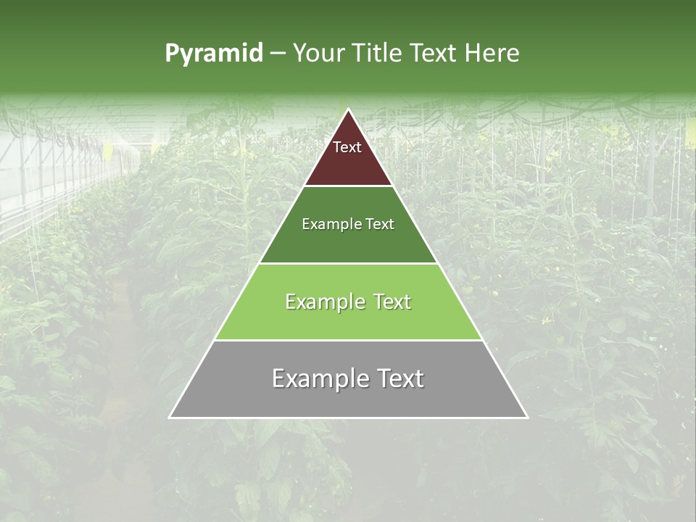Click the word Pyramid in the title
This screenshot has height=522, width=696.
[x=213, y=54]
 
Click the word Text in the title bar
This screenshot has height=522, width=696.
[x=434, y=54]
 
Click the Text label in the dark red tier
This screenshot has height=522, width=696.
[x=347, y=147]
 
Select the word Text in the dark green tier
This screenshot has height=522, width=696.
[x=381, y=225]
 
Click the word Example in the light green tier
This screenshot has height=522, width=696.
[x=323, y=302]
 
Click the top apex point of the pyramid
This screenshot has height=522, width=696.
[x=348, y=109]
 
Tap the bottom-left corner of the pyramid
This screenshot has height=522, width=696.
[x=170, y=418]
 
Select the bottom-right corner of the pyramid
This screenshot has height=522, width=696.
[x=527, y=418]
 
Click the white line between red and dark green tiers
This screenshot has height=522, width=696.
[x=348, y=186]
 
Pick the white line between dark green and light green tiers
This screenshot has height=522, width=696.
[x=348, y=263]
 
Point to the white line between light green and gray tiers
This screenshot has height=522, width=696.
[x=348, y=340]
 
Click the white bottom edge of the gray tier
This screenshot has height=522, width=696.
[x=348, y=418]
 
